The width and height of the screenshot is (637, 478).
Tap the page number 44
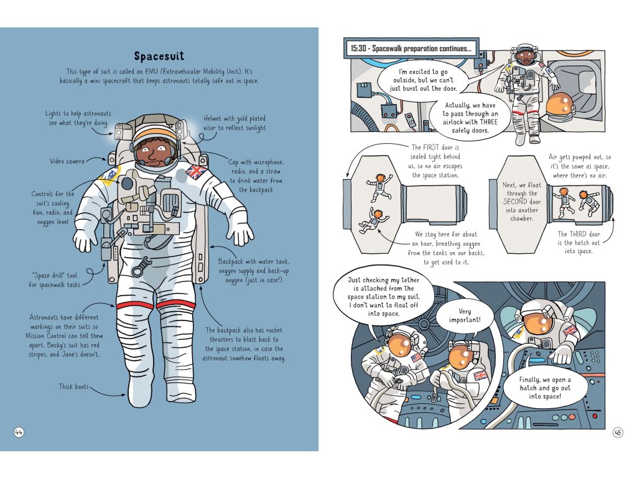coord(19,433)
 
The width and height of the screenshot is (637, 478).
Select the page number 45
coord(618,433)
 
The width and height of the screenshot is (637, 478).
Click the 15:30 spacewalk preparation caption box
coord(411,48)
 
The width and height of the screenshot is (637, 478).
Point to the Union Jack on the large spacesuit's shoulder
coord(197,171)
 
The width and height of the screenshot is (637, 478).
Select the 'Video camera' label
coord(67,162)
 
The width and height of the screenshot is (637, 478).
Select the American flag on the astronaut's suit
coord(416,358)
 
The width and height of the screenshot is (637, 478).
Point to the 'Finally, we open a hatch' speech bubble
coord(544,388)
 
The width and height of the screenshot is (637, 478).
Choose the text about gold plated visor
coord(235,123)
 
